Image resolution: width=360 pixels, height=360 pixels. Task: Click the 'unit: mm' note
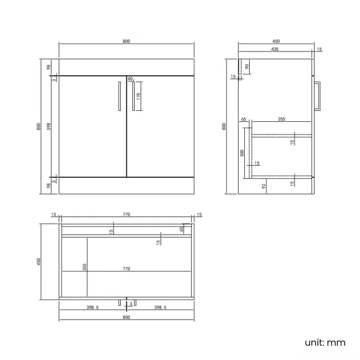325,342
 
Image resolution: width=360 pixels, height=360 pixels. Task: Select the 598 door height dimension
49,126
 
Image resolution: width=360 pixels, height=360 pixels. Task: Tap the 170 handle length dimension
139,95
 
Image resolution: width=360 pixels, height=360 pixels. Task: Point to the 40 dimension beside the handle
130,79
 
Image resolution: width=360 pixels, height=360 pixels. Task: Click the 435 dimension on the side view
275,49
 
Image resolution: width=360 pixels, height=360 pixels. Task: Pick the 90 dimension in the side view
247,66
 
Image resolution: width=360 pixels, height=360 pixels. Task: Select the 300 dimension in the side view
242,152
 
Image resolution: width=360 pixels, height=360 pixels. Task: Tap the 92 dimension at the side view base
264,187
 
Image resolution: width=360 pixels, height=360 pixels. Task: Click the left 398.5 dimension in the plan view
92,308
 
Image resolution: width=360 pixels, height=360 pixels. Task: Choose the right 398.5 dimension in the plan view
161,308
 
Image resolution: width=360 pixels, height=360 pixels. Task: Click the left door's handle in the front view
119,96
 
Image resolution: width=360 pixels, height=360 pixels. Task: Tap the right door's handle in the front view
134,96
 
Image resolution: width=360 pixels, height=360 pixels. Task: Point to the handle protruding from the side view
317,96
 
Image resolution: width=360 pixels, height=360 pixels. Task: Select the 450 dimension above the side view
276,41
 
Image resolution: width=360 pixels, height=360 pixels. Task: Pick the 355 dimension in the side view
281,119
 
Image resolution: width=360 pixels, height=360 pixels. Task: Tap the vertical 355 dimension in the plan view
85,267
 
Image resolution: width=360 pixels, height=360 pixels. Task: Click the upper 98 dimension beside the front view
49,67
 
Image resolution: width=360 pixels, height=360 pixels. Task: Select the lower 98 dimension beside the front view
49,186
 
